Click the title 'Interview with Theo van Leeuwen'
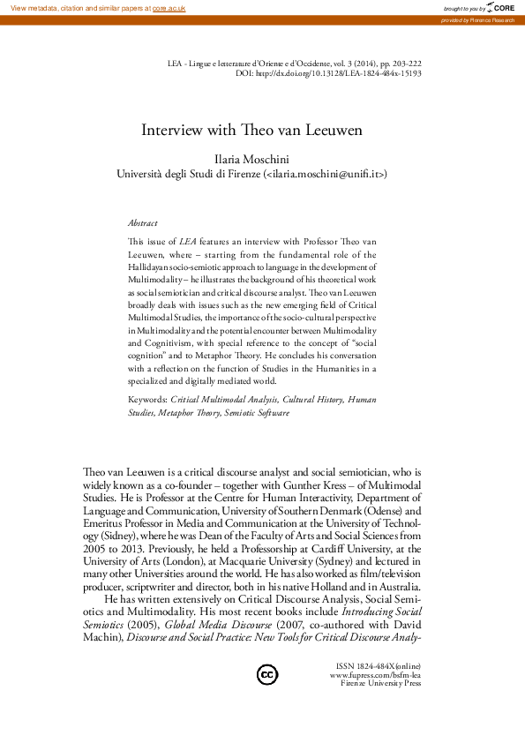[x=252, y=130]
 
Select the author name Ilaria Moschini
[x=252, y=160]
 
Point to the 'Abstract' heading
[x=143, y=224]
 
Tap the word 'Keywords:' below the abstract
[x=147, y=400]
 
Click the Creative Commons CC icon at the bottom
[x=266, y=675]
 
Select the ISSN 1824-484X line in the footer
[x=379, y=665]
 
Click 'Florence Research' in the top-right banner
[x=495, y=19]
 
